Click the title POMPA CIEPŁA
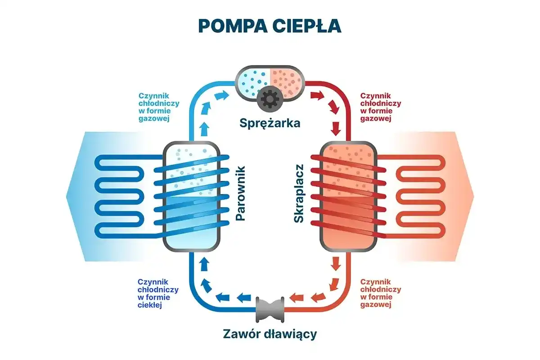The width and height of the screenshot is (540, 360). click(270, 26)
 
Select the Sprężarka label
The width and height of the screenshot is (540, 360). click(270, 122)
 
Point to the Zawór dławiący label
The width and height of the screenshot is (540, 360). click(270, 334)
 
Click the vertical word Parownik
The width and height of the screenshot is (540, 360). click(241, 193)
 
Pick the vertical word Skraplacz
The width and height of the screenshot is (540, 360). click(298, 193)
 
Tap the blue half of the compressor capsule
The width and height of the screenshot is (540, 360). click(253, 81)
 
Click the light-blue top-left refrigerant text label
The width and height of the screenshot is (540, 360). click(159, 108)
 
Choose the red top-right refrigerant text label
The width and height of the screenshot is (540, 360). click(381, 108)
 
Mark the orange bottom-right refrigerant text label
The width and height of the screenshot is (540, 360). click(381, 293)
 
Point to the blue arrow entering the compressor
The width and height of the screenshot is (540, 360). click(221, 95)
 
